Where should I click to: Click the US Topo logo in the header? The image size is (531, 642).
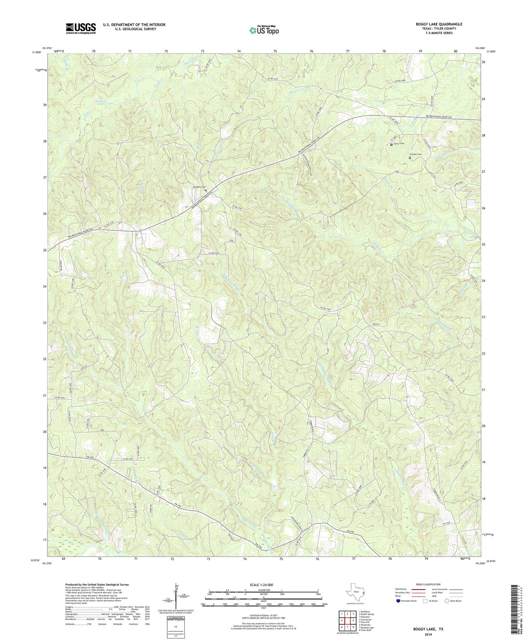[264, 30]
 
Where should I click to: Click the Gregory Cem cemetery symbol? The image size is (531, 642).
[206, 190]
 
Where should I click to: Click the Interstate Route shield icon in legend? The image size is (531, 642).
[399, 601]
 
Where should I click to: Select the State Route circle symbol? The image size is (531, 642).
[447, 601]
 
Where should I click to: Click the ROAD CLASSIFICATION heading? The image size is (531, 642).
[428, 584]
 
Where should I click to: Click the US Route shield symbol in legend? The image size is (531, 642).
[424, 601]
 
